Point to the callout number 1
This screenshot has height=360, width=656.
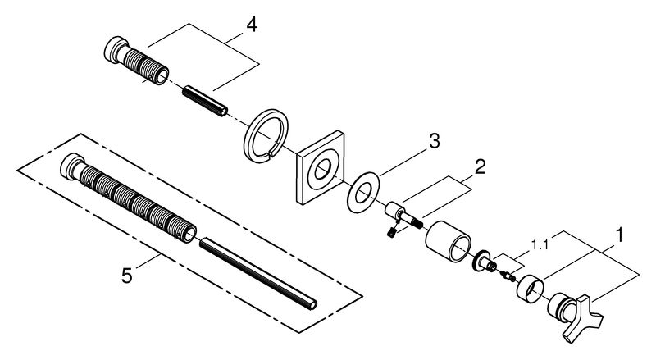(621, 235)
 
